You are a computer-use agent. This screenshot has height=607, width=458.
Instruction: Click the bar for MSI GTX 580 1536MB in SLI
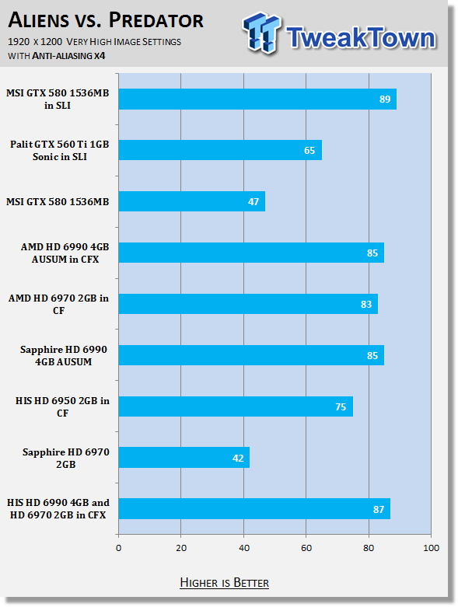257,99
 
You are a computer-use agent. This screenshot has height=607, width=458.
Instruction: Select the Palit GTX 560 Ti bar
220,150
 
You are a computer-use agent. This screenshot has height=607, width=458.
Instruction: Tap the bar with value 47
192,201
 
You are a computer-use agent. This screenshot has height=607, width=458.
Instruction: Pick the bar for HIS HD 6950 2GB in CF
236,406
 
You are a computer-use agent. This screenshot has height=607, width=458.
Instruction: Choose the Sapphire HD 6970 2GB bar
184,458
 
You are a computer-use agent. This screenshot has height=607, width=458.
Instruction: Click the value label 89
385,99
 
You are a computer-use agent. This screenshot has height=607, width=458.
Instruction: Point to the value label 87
379,509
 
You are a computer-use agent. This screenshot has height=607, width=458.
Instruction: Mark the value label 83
366,304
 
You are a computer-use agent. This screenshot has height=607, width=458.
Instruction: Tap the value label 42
238,459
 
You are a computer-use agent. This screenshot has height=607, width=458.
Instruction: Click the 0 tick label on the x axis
118,548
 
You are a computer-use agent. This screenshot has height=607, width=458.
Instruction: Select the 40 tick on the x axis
244,548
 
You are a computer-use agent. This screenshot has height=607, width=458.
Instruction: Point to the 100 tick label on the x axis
432,548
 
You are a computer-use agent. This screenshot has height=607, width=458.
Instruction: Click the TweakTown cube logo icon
262,33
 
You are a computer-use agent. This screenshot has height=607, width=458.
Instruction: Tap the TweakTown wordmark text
362,37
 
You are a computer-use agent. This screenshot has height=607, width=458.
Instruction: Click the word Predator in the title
156,20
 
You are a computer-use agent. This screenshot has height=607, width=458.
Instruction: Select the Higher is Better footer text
225,583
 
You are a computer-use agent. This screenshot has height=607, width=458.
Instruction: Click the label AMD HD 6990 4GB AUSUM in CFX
65,253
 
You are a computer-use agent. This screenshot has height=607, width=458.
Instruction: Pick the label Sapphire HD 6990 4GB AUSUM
64,356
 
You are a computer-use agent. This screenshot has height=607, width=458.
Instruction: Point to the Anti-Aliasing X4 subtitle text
68,56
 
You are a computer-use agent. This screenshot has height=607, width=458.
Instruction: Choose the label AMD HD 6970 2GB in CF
58,304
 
